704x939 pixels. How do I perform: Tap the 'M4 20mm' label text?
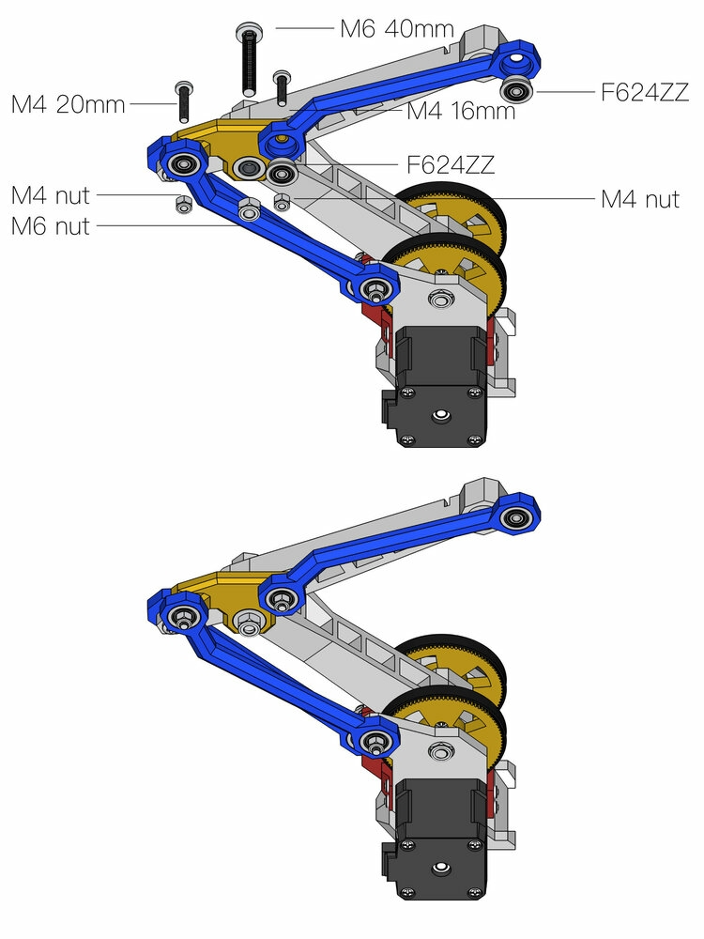68,104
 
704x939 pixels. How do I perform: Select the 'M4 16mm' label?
461,112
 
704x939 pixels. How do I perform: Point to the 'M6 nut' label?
51,225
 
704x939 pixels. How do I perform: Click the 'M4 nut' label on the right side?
639,199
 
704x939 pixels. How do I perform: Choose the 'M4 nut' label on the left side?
51,195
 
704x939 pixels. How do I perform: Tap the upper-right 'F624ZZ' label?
646,92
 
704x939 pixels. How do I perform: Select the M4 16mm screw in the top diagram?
281,89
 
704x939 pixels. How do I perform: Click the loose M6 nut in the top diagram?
249,210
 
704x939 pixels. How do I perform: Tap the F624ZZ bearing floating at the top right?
515,91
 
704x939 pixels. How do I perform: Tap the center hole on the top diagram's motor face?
439,413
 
